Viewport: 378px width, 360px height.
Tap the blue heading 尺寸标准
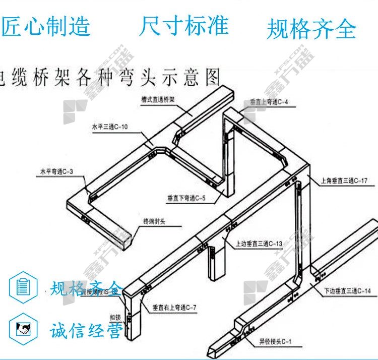pyautogui.click(x=184, y=26)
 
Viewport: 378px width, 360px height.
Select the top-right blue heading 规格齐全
pyautogui.click(x=311, y=29)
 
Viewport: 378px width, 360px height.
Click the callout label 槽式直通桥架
pyautogui.click(x=158, y=99)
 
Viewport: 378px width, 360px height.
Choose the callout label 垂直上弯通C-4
pyautogui.click(x=269, y=102)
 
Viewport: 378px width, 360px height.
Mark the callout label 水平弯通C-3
pyautogui.click(x=56, y=172)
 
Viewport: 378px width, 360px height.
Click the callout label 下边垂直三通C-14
pyautogui.click(x=347, y=291)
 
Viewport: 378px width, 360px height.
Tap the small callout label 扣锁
pyautogui.click(x=115, y=318)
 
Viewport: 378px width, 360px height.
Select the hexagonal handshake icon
pyautogui.click(x=23, y=330)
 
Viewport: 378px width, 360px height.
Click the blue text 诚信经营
pyautogui.click(x=86, y=331)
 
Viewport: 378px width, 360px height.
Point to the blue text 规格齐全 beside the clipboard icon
pyautogui.click(x=86, y=288)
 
